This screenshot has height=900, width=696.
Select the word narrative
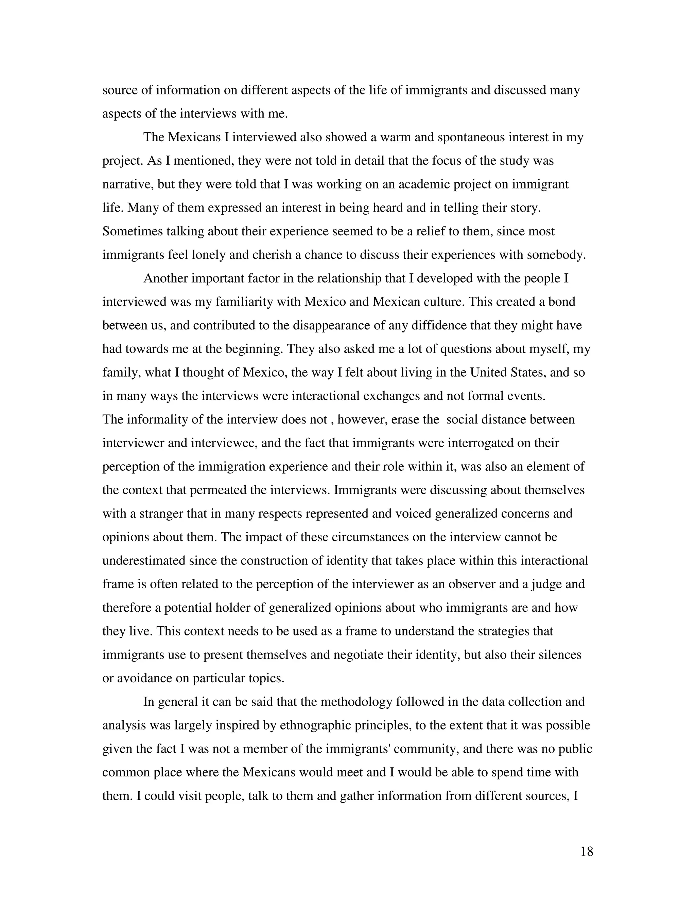(x=128, y=184)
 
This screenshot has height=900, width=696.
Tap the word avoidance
(x=145, y=678)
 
